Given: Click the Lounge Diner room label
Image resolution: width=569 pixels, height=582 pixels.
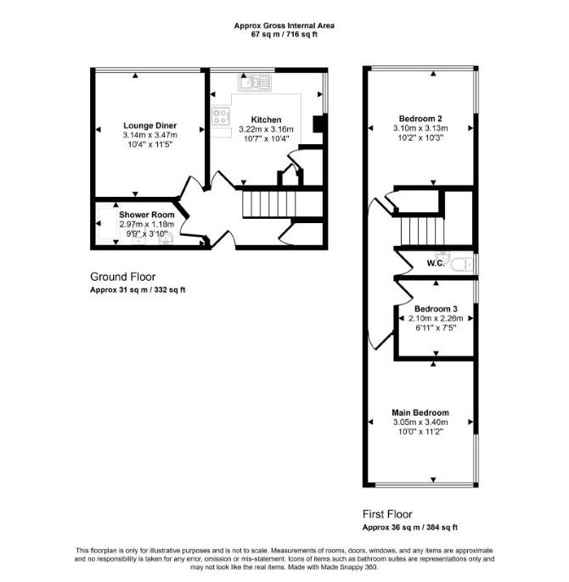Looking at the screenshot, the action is pos(149,126).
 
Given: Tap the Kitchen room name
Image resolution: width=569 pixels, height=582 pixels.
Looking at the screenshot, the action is pos(266,120).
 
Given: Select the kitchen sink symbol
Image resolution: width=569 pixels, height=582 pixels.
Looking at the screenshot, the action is pos(254,82).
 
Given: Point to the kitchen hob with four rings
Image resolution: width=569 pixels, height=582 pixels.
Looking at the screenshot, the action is pos(220,116).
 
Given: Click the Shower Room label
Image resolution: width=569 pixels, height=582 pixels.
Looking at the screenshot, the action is pos(146,215).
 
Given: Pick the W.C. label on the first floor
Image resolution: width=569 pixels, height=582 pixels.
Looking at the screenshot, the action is pos(436,263).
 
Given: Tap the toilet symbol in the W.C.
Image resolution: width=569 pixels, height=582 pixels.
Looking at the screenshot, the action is pos(462,265).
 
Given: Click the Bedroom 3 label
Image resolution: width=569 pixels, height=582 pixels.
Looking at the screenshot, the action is pos(436,309).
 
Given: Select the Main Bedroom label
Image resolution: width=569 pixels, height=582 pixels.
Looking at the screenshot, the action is pos(420,412).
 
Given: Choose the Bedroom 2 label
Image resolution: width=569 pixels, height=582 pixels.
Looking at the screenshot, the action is pos(420,119).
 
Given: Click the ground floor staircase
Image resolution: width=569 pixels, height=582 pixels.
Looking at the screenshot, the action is pos(269,204).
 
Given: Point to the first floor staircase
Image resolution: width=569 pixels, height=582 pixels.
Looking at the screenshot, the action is pos(422,232).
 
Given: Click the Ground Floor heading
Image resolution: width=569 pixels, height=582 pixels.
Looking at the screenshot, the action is pos(122,277).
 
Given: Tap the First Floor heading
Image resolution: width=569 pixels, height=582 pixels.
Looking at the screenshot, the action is pos(387,514).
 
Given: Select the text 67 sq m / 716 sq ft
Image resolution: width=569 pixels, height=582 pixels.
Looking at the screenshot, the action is pos(284,35).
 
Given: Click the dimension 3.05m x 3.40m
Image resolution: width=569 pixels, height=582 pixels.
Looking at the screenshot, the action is pos(420,422).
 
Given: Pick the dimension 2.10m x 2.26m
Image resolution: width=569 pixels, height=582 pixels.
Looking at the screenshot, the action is pos(436,318).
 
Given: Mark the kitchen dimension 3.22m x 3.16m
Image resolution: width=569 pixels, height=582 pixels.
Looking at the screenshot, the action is pos(266,129).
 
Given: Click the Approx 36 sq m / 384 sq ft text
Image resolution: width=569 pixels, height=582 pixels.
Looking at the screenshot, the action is pos(410,527).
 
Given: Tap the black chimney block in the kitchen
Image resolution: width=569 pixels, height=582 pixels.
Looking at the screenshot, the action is pos(318,124).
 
